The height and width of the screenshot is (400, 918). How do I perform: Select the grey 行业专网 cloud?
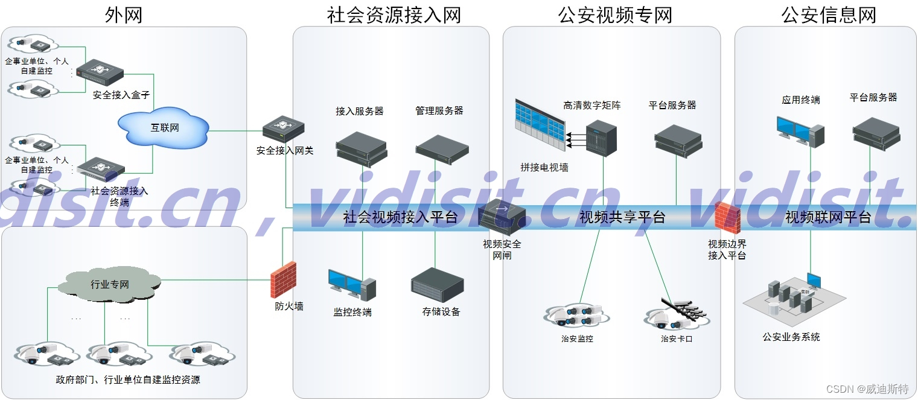click(x=110, y=284)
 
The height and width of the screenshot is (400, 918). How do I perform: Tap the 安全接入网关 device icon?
click(x=283, y=129)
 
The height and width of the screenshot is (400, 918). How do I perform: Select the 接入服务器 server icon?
click(x=361, y=148)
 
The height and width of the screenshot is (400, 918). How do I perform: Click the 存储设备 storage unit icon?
click(x=437, y=285)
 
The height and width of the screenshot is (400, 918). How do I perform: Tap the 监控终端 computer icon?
click(x=352, y=285)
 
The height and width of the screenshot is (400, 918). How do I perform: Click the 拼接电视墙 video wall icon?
click(x=540, y=125)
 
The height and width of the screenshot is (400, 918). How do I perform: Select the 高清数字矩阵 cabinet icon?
click(x=602, y=138)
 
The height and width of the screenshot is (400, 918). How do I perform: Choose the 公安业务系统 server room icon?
click(x=792, y=299)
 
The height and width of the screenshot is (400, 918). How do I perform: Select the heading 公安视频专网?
click(x=615, y=14)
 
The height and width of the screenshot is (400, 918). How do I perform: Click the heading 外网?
click(x=124, y=14)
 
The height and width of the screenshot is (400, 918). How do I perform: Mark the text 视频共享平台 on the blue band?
click(x=622, y=217)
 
